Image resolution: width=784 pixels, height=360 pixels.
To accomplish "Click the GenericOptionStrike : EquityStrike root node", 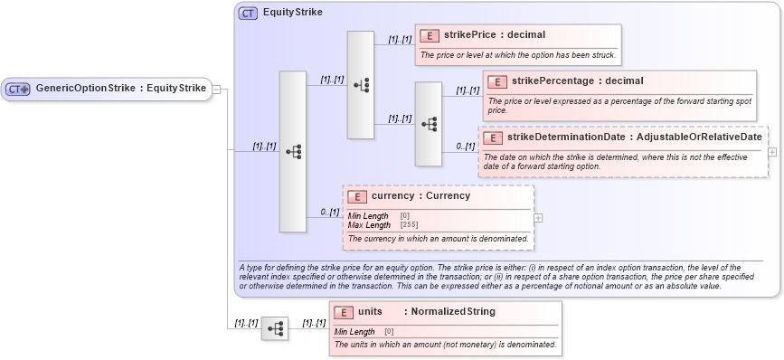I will point(107,89).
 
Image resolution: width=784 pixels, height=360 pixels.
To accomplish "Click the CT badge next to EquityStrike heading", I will point(247,14).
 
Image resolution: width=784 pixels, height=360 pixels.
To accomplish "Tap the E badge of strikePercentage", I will point(497,82).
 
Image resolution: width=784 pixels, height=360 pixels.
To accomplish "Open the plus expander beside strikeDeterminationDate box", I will point(772,152).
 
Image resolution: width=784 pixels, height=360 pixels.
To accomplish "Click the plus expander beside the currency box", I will point(538,217).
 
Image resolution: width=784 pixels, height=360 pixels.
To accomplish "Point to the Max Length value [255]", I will point(410,223).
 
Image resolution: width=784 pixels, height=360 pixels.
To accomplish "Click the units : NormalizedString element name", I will point(426,312).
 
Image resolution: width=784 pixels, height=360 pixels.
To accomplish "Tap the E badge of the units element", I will point(344,312).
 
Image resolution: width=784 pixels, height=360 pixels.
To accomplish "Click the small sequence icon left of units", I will point(274,327).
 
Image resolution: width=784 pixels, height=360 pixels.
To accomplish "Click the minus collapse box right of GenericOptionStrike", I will point(217,89).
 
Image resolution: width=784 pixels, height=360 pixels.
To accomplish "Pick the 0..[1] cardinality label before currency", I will point(329,212).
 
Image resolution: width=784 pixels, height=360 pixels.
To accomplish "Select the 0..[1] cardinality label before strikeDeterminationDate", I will point(465,146).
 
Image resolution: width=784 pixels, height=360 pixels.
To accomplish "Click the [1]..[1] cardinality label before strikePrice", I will point(400,40).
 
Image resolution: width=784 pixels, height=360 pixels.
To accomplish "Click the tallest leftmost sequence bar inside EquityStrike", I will point(292,152).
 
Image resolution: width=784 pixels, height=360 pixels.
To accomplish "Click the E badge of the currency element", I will point(356,195).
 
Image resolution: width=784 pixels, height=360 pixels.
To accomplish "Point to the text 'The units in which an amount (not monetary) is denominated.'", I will point(445,345).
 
